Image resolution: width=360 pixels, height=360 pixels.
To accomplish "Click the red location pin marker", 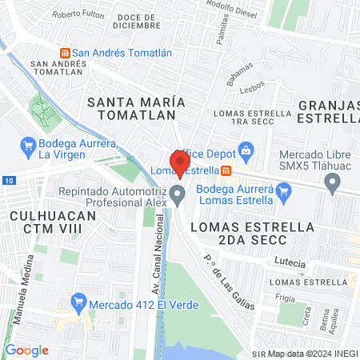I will pos(179,162).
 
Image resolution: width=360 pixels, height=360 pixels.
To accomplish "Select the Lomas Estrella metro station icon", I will pos(226,170).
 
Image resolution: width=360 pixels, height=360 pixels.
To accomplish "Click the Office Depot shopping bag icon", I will pos(246,152).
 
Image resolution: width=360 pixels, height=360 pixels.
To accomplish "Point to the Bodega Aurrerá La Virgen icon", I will pos(26,146).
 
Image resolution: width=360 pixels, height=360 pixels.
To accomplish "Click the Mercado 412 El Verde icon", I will pos(78,302).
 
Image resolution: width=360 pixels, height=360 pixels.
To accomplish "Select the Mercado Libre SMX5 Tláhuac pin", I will pos(333,184).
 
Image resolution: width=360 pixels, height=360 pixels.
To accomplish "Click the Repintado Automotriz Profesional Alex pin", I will pos(178,194).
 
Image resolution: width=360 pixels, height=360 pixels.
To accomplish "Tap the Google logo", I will pos(26,350).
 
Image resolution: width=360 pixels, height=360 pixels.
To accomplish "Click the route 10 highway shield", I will pos(7,182).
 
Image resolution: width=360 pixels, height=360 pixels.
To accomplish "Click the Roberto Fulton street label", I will pos(78,14).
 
